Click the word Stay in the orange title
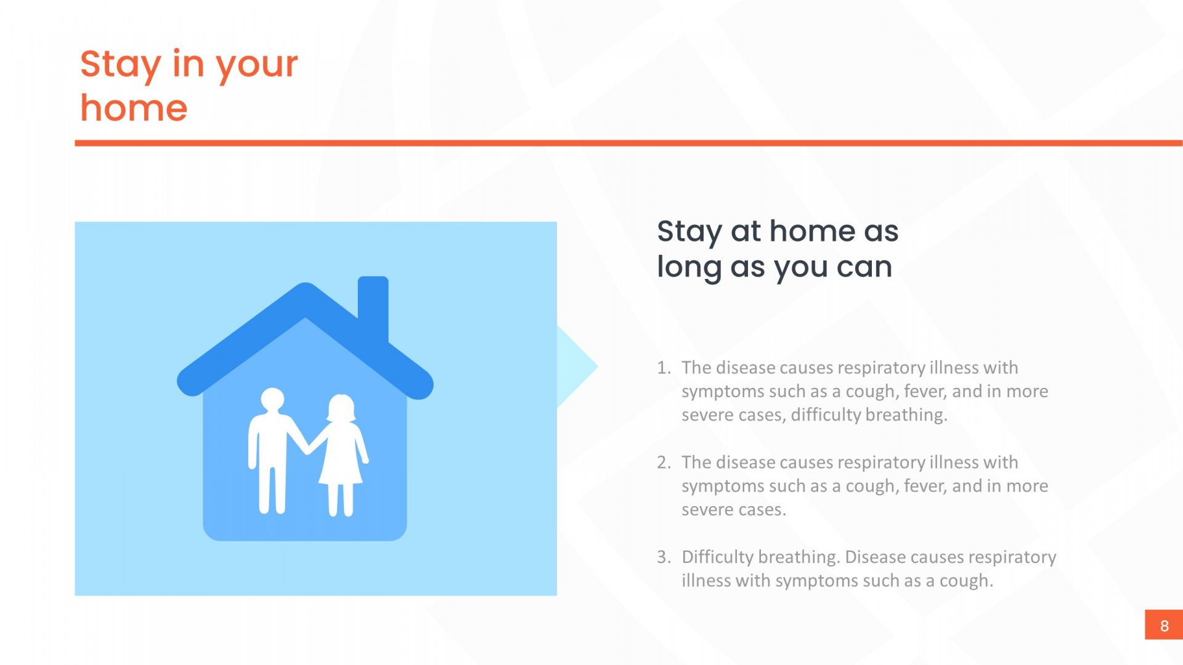(121, 65)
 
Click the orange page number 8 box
(1164, 625)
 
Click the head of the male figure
(272, 400)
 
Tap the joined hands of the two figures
(307, 448)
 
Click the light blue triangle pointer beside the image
(577, 367)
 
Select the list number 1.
(663, 368)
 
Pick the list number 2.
(663, 462)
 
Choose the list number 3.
(663, 557)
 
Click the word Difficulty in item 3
(717, 558)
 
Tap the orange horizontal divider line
(628, 143)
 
